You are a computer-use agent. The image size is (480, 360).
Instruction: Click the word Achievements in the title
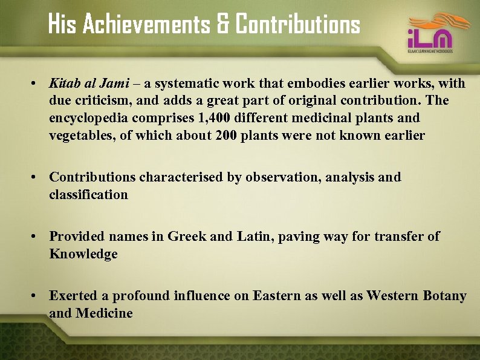click(x=146, y=25)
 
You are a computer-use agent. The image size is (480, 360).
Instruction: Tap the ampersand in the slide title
click(x=222, y=25)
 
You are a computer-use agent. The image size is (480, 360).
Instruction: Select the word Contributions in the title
click(x=297, y=25)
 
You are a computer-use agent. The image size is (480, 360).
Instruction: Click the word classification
click(x=89, y=194)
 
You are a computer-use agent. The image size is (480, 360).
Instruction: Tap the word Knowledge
click(x=83, y=254)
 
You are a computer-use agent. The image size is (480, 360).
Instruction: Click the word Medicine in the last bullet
click(x=104, y=313)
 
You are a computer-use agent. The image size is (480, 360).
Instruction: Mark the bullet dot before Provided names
click(x=37, y=237)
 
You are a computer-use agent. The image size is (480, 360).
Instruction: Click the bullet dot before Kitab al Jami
click(x=37, y=83)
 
